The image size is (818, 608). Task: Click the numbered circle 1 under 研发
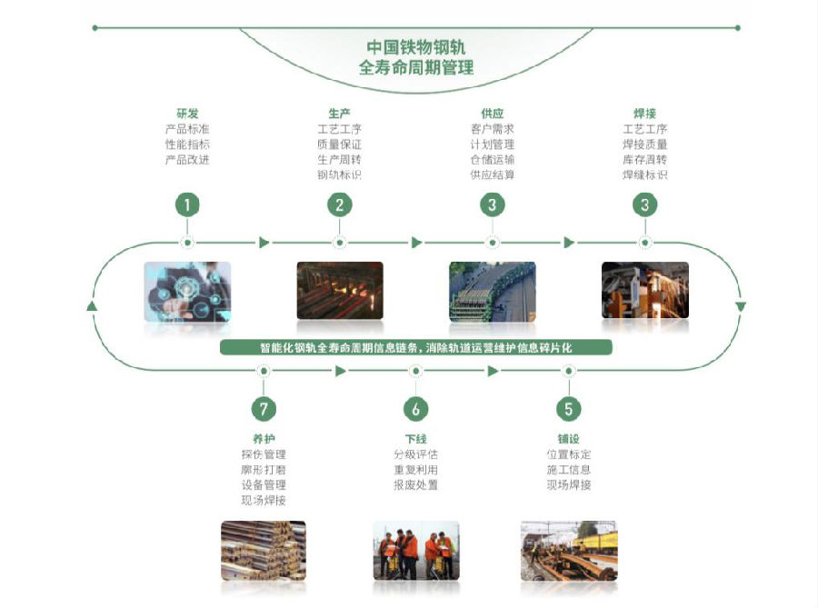(187, 204)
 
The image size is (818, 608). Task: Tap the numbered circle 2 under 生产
(339, 204)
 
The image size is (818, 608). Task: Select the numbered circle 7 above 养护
(263, 409)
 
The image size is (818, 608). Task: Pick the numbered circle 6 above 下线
(415, 409)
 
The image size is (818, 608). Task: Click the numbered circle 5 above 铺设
(568, 409)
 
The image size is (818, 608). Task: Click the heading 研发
(187, 114)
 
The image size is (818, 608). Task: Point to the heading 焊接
(645, 114)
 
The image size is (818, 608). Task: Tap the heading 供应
(492, 114)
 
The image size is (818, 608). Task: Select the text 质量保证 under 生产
(339, 144)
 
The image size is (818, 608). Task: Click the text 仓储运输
(492, 159)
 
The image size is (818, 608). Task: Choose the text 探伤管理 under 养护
(263, 454)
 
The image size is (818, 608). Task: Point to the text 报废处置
(415, 485)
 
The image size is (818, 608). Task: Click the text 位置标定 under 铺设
(568, 454)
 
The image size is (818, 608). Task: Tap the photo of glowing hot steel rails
(339, 291)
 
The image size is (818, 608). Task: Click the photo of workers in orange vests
(415, 550)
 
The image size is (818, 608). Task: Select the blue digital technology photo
(187, 291)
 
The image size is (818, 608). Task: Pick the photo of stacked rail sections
(263, 550)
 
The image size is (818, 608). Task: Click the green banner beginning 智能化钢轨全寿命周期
(416, 347)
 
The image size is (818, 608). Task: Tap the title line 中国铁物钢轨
(416, 46)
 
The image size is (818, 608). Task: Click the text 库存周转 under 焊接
(645, 159)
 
